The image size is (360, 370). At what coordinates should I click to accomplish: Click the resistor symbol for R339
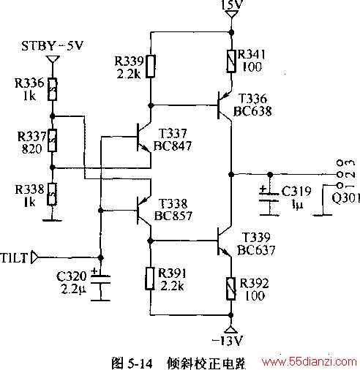coord(151,67)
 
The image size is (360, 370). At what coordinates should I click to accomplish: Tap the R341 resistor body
coord(231,61)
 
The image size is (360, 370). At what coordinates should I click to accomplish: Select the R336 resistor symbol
coord(52,89)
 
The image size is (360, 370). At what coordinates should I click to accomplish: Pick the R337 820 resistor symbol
coord(52,140)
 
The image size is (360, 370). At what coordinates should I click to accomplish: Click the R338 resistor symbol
coord(52,194)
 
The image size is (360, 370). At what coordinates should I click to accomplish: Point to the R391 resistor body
coord(150,279)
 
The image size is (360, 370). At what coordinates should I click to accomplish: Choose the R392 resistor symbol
coord(230,289)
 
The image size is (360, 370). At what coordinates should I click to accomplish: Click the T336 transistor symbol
coord(225,105)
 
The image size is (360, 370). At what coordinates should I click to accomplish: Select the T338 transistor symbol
coord(144,211)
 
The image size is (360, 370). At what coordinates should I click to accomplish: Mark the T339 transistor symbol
coord(225,241)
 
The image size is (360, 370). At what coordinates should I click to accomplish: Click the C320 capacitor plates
coord(100,279)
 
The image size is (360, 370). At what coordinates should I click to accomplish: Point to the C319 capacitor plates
coord(269,197)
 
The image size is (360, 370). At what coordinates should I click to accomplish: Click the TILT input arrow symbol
coord(34,257)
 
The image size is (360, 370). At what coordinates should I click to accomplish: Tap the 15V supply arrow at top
coord(231,14)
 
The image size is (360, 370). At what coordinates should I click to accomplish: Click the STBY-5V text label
coord(53,45)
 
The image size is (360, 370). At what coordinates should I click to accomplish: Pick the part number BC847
coord(173,146)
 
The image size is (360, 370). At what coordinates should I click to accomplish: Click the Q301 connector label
coord(345,198)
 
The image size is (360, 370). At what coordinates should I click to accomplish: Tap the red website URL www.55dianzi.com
coord(309,361)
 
